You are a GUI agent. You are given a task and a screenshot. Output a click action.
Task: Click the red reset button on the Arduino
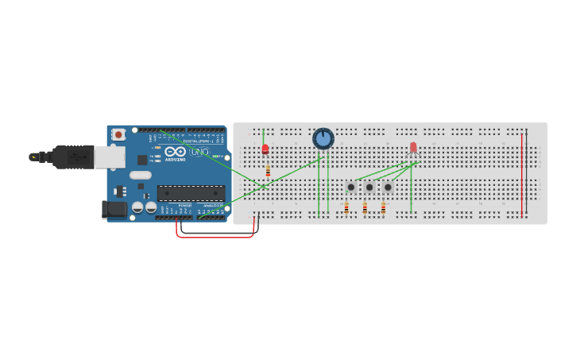(118, 134)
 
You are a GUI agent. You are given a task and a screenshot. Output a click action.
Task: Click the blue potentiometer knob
(323, 139)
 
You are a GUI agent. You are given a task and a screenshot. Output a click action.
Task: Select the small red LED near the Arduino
(265, 149)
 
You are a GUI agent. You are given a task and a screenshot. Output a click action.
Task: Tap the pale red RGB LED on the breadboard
(413, 147)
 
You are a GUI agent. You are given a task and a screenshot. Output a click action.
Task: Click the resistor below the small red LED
(268, 172)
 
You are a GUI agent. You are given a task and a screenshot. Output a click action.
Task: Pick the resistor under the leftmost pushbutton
(346, 208)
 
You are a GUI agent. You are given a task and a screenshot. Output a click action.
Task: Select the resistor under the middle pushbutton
(365, 208)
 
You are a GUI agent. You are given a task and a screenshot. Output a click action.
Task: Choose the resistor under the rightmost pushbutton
(383, 208)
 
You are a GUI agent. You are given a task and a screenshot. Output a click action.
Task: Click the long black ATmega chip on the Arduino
(191, 192)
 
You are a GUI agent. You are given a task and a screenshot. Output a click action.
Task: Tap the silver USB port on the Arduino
(110, 157)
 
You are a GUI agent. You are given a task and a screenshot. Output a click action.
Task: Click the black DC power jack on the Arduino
(114, 210)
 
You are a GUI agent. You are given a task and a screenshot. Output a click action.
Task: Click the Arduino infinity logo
(176, 151)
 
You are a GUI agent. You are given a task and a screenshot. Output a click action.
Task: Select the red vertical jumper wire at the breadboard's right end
(521, 175)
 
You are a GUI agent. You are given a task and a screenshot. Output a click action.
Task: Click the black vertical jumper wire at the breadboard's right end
(526, 175)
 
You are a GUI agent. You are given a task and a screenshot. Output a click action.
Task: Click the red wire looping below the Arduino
(215, 236)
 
